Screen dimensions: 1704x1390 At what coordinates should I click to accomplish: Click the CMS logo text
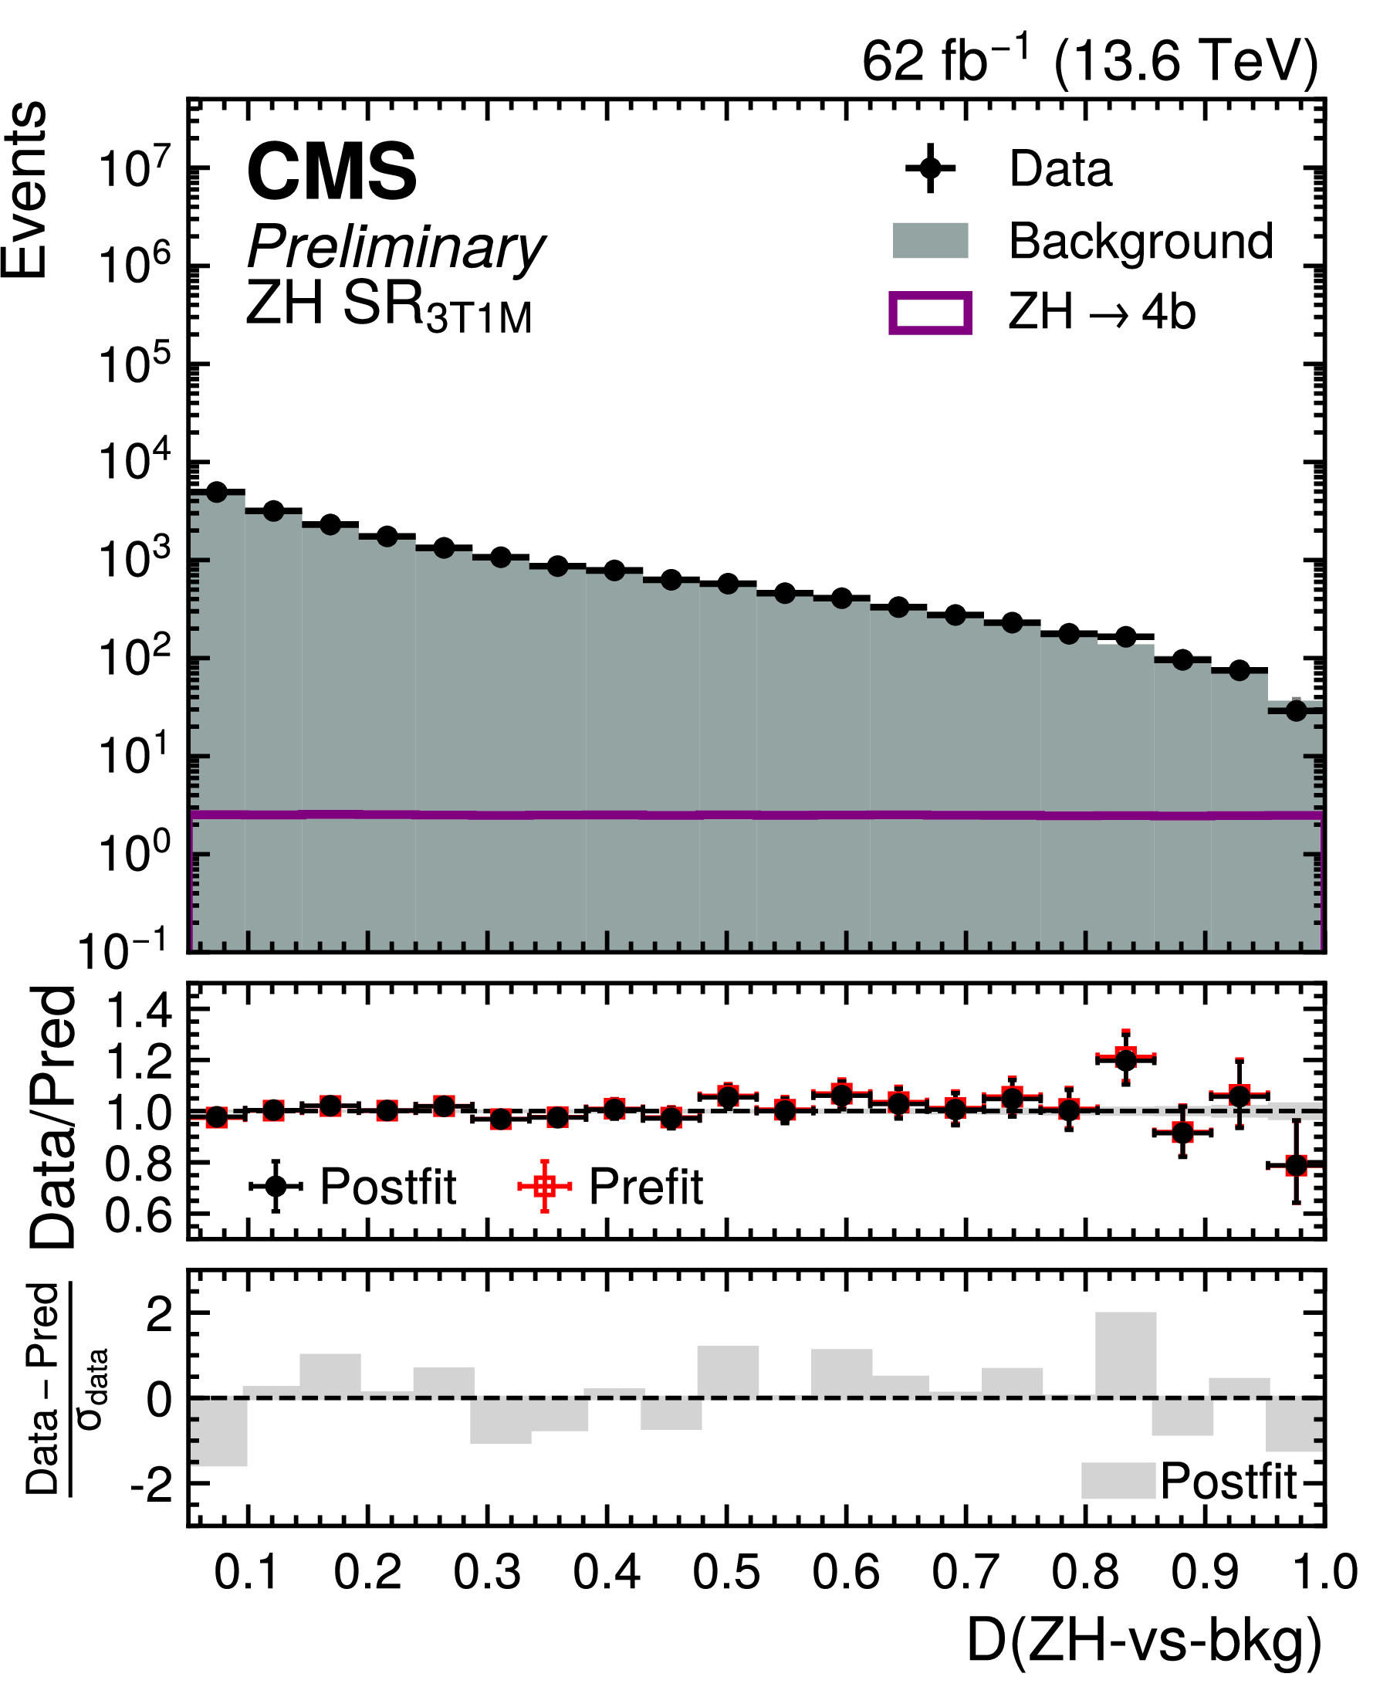(x=332, y=171)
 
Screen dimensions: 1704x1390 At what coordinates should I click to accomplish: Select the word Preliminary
(x=395, y=247)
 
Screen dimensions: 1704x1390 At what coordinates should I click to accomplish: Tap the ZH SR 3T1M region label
(x=388, y=307)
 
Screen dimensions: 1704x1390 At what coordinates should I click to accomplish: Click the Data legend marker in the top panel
(x=929, y=168)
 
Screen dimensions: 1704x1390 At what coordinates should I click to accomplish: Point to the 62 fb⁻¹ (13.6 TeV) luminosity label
(x=1089, y=61)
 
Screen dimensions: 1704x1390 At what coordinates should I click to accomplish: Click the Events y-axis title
(x=25, y=191)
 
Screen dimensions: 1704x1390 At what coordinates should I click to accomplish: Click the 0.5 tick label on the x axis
(x=726, y=1572)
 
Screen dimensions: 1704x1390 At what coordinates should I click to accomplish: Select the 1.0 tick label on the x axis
(x=1325, y=1572)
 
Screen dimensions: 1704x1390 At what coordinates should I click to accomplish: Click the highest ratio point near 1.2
(x=1126, y=1059)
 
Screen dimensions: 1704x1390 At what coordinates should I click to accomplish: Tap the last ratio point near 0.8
(x=1297, y=1166)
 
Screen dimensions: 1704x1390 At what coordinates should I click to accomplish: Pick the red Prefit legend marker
(x=544, y=1186)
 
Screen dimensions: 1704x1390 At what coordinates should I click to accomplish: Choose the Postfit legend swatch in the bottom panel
(x=1118, y=1481)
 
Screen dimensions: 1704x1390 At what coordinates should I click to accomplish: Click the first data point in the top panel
(x=216, y=492)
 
